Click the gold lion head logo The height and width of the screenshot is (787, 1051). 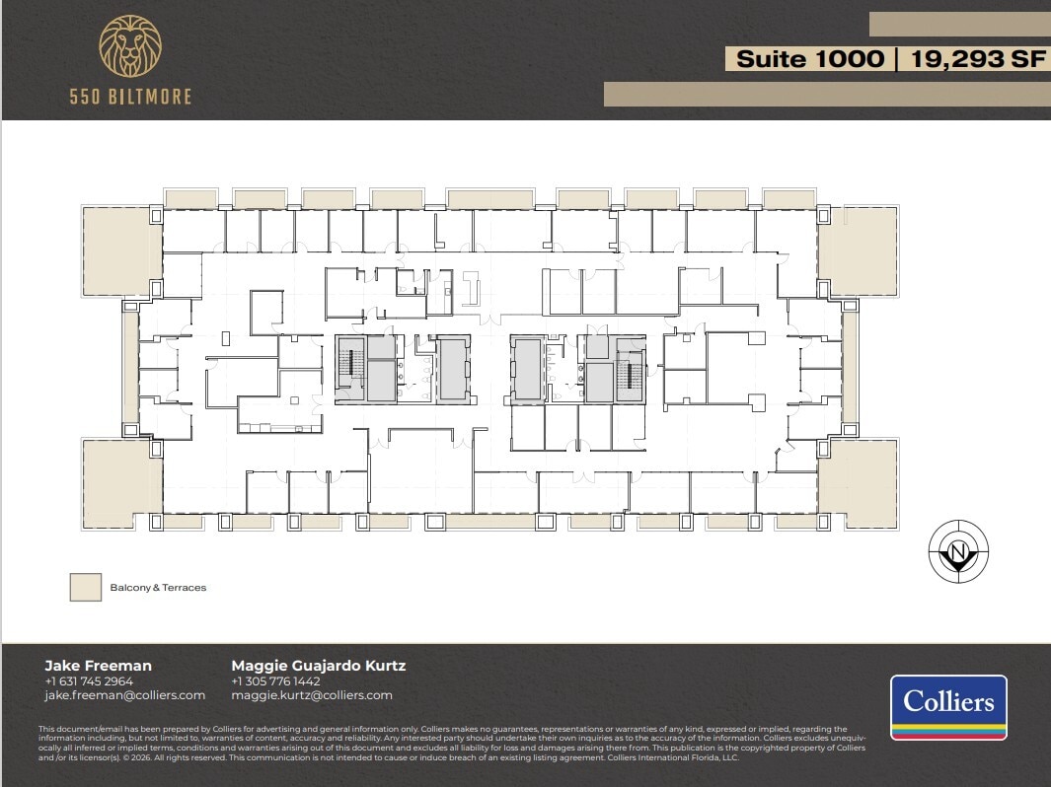point(131,46)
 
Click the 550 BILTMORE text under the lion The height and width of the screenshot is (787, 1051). point(130,97)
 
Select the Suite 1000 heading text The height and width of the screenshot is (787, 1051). point(810,59)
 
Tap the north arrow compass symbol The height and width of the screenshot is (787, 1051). point(958,550)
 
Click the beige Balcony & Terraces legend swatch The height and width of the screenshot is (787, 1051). point(86,587)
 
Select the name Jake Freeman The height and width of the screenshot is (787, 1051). point(99,666)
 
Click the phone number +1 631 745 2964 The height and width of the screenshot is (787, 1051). point(89,680)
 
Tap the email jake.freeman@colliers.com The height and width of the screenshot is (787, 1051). point(125,695)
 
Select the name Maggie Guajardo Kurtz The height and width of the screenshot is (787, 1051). point(318,666)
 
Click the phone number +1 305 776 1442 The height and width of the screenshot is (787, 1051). point(275,680)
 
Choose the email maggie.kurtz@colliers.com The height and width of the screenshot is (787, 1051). point(312,695)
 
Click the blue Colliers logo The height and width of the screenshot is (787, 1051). point(948,707)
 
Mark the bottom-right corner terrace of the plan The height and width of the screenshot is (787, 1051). point(858,482)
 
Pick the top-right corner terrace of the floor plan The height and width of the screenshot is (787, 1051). point(858,250)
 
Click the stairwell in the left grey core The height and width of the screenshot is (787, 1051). point(349,369)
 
